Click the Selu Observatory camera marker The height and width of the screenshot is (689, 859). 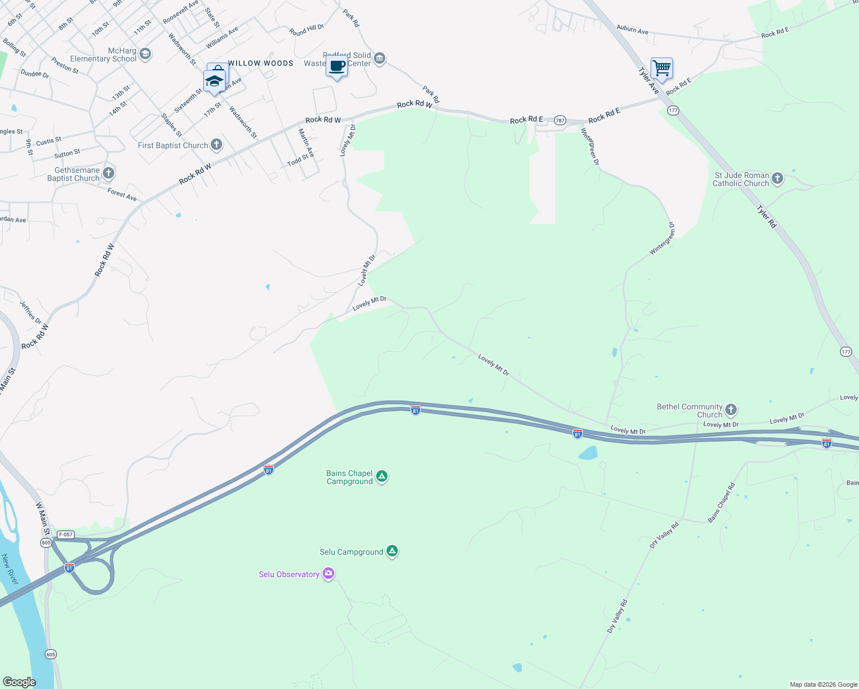pyautogui.click(x=328, y=574)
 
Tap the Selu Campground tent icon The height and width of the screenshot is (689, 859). pyautogui.click(x=392, y=551)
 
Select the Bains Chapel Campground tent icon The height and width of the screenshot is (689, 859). pyautogui.click(x=382, y=476)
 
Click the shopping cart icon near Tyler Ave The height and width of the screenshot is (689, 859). pyautogui.click(x=661, y=68)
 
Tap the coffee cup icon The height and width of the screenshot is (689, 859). pyautogui.click(x=337, y=67)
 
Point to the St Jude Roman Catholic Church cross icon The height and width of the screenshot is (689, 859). pyautogui.click(x=777, y=178)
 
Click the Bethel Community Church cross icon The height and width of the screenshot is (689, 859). pyautogui.click(x=730, y=409)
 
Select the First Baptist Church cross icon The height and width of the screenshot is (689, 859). pyautogui.click(x=216, y=144)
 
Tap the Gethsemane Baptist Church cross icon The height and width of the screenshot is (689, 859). pyautogui.click(x=109, y=173)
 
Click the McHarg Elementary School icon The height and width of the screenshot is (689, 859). pyautogui.click(x=145, y=54)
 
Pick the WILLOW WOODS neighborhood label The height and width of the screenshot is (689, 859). pyautogui.click(x=261, y=63)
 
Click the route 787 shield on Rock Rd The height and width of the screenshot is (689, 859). pyautogui.click(x=560, y=121)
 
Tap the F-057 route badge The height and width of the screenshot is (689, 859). pyautogui.click(x=65, y=535)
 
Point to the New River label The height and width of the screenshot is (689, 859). pyautogui.click(x=10, y=569)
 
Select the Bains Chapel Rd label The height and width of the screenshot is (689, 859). pyautogui.click(x=721, y=503)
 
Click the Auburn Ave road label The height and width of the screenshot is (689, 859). pyautogui.click(x=632, y=29)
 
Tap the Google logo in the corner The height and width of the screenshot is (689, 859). pyautogui.click(x=19, y=682)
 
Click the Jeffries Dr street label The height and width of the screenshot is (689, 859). pyautogui.click(x=30, y=312)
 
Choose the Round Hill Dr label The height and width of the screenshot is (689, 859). pyautogui.click(x=307, y=30)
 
